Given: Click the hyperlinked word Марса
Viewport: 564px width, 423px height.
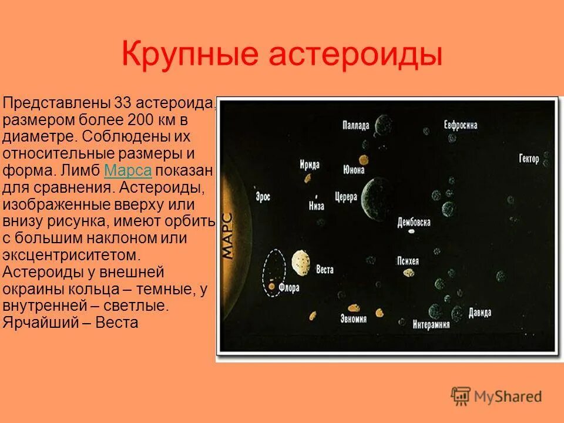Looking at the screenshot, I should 127,171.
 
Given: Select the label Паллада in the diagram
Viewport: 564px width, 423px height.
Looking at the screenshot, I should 356,125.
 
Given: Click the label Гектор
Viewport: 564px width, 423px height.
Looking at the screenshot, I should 529,159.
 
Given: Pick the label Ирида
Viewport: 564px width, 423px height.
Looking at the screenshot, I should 309,164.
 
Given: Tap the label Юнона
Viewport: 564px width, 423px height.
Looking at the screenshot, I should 353,170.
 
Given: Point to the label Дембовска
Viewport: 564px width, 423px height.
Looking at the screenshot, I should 414,222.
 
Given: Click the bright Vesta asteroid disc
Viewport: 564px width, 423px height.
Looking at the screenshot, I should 300,261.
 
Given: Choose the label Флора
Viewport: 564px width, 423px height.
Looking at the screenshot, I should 289,289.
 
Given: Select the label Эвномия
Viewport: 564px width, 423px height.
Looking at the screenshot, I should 353,318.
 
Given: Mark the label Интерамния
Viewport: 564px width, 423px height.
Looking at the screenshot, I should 435,324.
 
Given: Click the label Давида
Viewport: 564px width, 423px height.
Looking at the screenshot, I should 480,313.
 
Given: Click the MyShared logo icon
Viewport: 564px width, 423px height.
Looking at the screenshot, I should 461,396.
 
